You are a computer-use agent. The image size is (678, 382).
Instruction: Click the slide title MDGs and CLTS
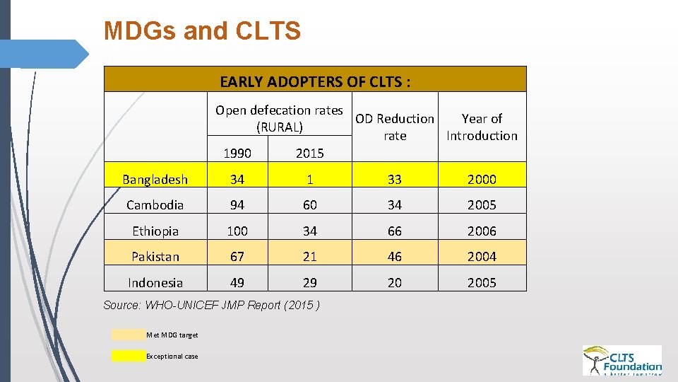coord(202,31)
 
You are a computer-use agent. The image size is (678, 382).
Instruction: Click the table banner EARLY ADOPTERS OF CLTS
coord(315,81)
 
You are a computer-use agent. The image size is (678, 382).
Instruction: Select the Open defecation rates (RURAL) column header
coord(279,119)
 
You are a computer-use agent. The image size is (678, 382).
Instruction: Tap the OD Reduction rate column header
coord(395,127)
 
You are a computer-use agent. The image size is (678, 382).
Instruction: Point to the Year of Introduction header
coord(482,127)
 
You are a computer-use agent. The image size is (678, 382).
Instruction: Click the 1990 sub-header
coord(237,153)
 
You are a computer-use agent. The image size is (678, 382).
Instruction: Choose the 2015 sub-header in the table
coord(309,153)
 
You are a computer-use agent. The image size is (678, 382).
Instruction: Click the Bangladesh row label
coord(155,180)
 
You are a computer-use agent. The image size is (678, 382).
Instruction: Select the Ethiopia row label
coord(155,231)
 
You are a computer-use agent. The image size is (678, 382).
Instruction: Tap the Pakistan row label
coord(155,257)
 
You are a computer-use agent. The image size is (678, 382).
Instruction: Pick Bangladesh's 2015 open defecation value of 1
coord(309,180)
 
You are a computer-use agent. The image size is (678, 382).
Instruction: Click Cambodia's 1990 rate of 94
coord(237,205)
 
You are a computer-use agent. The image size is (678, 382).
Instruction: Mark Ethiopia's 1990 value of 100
coord(237,231)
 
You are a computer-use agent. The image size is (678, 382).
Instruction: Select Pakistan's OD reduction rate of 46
coord(395,257)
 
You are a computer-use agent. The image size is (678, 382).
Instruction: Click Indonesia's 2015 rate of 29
coord(309,283)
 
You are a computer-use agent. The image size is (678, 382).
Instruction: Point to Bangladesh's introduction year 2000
coord(482,180)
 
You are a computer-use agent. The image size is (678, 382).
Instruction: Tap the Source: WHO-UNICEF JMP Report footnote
coord(211,305)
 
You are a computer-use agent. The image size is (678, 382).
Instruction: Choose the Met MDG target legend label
coord(172,335)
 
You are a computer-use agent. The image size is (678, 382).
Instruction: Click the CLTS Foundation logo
coord(621,360)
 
